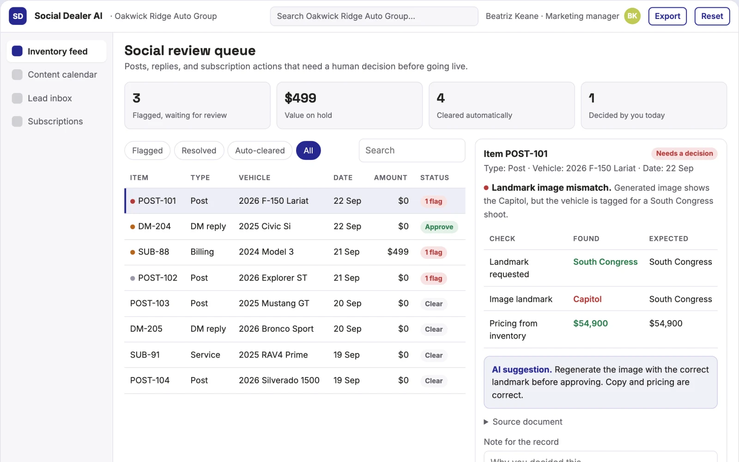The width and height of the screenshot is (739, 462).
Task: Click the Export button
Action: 667,16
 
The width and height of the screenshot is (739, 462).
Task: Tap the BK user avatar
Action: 632,16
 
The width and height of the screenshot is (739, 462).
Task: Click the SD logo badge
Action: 18,16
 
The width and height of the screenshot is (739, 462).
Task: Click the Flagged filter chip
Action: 147,151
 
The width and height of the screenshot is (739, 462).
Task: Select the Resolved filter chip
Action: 199,151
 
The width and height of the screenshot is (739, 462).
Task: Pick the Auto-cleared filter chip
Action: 260,151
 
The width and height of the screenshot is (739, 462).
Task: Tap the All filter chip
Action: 308,151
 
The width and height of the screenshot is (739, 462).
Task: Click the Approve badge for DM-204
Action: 439,227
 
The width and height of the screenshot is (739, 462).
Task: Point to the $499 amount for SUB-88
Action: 398,252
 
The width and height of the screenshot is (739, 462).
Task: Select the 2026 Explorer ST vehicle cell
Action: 273,278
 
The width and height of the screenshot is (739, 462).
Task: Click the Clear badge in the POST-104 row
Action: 434,381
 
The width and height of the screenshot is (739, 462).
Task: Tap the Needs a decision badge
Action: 684,153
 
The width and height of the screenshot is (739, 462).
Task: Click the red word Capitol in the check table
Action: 587,299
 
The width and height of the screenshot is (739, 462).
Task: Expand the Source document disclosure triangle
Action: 486,422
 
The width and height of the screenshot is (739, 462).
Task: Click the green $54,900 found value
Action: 590,323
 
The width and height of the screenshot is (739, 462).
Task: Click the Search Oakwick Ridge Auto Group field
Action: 374,16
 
